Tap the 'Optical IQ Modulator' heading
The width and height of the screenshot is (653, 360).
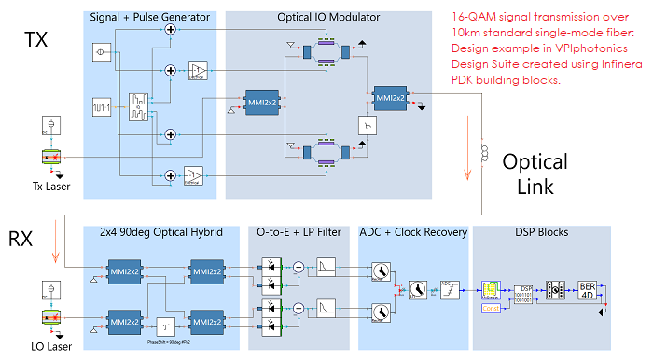[328, 18]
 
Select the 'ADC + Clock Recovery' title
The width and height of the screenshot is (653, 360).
[411, 232]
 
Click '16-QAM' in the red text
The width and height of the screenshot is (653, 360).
[472, 16]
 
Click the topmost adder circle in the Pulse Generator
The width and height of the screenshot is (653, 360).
[170, 31]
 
